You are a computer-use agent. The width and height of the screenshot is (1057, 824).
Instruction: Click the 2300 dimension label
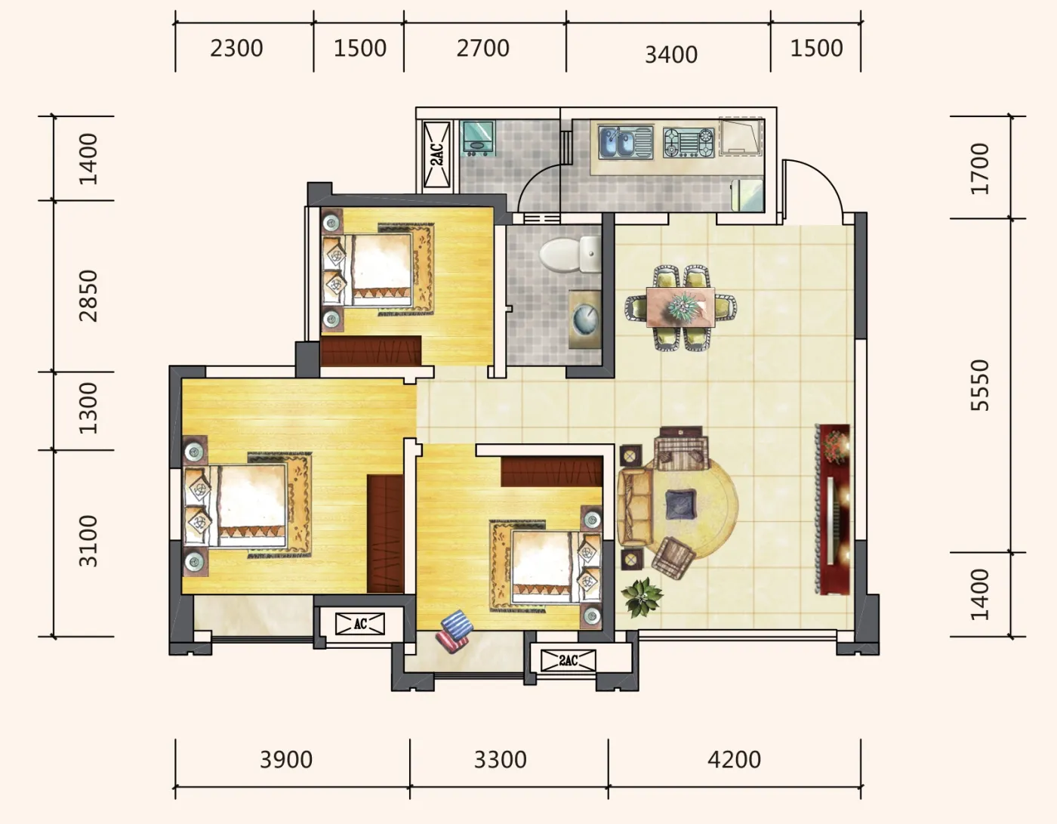click(x=236, y=48)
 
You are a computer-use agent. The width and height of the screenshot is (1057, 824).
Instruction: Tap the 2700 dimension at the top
click(x=482, y=48)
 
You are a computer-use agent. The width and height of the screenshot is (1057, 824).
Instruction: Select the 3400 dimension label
click(x=671, y=54)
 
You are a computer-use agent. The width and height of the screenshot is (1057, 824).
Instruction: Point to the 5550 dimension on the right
click(x=980, y=385)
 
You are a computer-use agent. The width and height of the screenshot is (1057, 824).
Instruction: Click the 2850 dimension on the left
click(x=88, y=296)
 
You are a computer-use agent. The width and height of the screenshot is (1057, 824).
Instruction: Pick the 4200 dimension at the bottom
click(x=734, y=760)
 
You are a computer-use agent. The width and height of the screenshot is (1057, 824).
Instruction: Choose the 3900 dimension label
click(x=286, y=760)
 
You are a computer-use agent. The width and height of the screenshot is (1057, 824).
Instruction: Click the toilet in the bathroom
click(x=569, y=254)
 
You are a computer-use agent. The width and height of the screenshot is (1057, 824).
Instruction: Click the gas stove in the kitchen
click(x=689, y=143)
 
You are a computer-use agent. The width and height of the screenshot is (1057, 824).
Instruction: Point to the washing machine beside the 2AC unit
click(x=478, y=138)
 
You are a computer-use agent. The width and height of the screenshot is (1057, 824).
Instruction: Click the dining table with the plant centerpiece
click(x=680, y=307)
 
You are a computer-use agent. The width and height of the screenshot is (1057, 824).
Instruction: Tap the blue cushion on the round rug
click(x=680, y=504)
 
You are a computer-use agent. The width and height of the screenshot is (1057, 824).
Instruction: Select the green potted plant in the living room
click(x=642, y=597)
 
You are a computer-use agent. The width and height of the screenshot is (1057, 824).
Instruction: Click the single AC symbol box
click(x=360, y=624)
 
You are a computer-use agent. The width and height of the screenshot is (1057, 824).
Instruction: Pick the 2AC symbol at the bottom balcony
click(x=569, y=661)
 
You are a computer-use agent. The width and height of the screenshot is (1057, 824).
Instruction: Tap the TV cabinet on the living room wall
click(x=834, y=509)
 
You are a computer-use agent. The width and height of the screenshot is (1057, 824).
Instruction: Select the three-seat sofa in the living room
click(x=635, y=506)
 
